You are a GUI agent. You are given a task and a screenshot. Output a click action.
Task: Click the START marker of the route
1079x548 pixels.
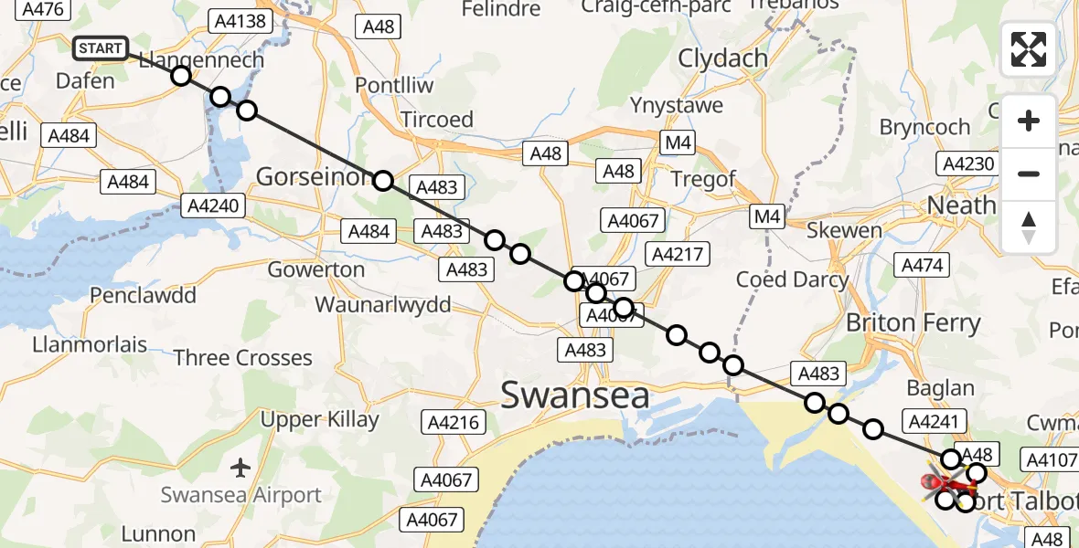101,48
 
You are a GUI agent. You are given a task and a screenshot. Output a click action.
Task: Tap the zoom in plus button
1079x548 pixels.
1029,121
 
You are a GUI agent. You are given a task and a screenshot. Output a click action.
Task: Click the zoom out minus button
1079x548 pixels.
1029,174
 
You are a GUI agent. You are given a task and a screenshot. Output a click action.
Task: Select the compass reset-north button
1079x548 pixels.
1029,227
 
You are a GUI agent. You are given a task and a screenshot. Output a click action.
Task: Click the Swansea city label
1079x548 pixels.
575,395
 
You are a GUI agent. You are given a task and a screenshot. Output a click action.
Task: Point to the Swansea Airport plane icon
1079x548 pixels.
240,469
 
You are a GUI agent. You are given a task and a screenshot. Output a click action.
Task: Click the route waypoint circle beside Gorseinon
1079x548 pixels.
383,181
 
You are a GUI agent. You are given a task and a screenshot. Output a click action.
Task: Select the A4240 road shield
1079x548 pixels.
213,205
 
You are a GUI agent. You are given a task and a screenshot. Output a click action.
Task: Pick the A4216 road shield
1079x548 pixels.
451,423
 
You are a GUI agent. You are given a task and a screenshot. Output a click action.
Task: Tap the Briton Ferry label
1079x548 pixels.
913,322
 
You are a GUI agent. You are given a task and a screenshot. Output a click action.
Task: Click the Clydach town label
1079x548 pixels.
722,58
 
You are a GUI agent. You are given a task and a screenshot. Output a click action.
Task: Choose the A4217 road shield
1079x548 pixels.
675,253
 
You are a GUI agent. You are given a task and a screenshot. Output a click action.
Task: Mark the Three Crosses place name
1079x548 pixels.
243,357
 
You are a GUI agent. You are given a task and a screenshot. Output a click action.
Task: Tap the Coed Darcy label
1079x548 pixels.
792,279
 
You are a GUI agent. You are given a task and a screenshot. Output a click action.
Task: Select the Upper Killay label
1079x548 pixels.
319,420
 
